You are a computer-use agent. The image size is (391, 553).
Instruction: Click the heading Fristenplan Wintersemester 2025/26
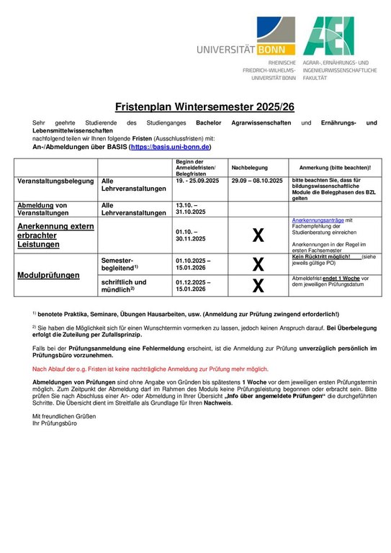click(195, 107)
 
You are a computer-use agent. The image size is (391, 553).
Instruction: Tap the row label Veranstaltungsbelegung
click(54, 181)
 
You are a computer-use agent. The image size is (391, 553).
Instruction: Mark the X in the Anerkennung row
click(257, 234)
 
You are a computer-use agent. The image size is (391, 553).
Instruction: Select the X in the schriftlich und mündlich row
click(257, 286)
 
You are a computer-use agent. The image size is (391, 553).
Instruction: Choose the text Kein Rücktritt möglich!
click(321, 256)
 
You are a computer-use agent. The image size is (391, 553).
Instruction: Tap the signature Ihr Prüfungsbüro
click(54, 423)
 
